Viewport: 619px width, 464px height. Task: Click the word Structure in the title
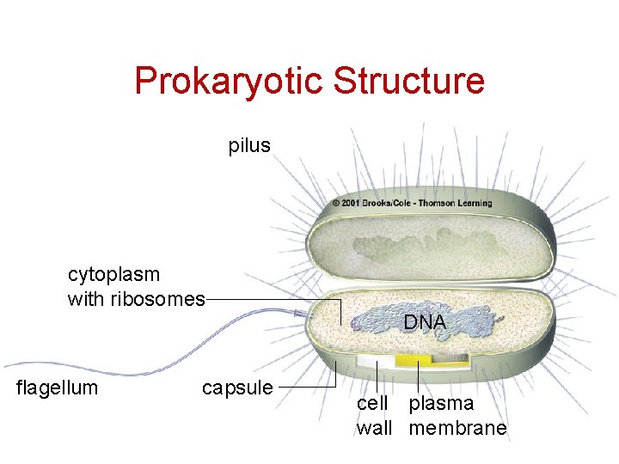[408, 82]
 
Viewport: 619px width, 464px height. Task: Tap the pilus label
[249, 146]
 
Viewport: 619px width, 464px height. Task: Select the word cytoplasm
[113, 275]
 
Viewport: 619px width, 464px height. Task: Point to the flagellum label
[58, 388]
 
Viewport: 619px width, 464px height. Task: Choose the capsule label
[237, 388]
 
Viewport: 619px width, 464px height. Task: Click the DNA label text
[425, 323]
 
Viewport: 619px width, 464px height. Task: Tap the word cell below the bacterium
[372, 404]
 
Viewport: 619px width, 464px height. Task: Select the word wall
[374, 428]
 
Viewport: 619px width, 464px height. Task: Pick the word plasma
[441, 404]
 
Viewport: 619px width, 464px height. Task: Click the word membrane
[457, 428]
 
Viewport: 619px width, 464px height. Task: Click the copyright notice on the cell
[412, 204]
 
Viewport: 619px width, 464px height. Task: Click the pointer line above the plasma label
[418, 377]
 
